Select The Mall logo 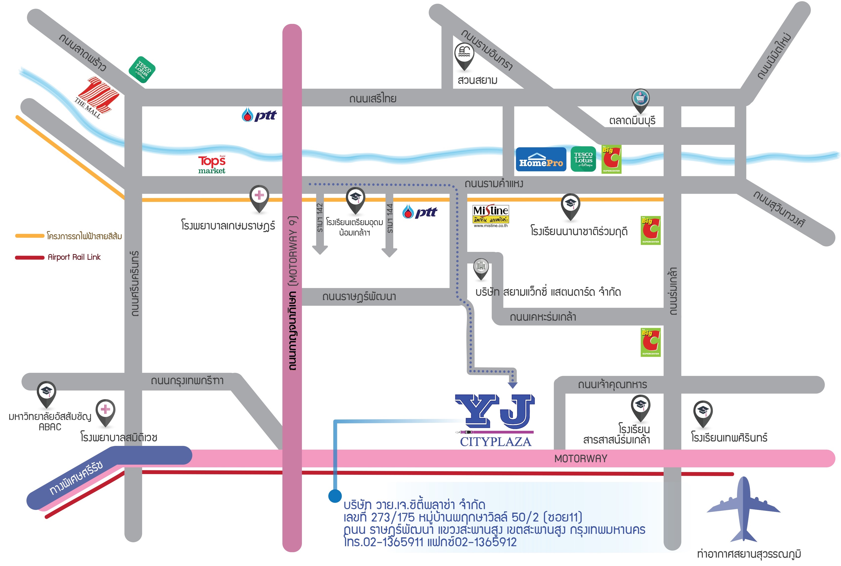click(x=97, y=97)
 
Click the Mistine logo click(x=490, y=216)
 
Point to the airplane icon click(x=743, y=509)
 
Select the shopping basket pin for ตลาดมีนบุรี click(x=640, y=99)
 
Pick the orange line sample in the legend click(x=30, y=236)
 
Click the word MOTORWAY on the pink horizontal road click(x=581, y=458)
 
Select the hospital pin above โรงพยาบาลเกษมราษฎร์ click(x=259, y=197)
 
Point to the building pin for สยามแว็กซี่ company click(x=481, y=268)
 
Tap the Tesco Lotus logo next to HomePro click(x=583, y=159)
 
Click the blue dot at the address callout click(x=335, y=496)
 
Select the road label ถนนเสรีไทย click(x=373, y=99)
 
